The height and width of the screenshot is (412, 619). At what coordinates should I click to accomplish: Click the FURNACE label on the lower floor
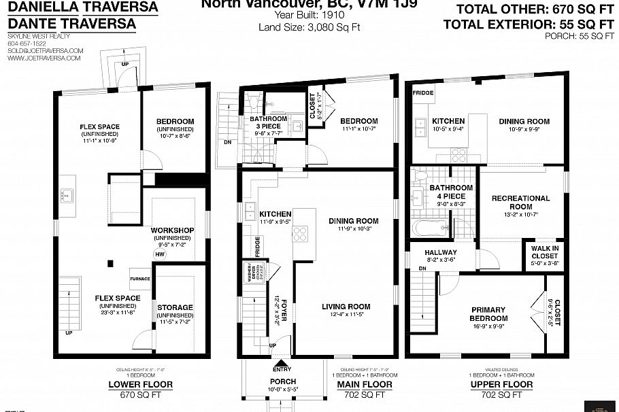coord(140,279)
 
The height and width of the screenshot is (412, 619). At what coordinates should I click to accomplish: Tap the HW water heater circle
coord(161,255)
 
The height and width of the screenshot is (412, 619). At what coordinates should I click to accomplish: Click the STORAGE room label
coord(175,307)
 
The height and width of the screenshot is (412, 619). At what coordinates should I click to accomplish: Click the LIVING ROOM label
coord(346,307)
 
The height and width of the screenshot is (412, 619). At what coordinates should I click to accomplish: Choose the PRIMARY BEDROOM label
coord(488,314)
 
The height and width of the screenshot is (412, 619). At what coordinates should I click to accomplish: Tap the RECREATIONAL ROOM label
coord(521,203)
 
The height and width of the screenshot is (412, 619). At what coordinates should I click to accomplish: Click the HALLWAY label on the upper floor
coord(440,252)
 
